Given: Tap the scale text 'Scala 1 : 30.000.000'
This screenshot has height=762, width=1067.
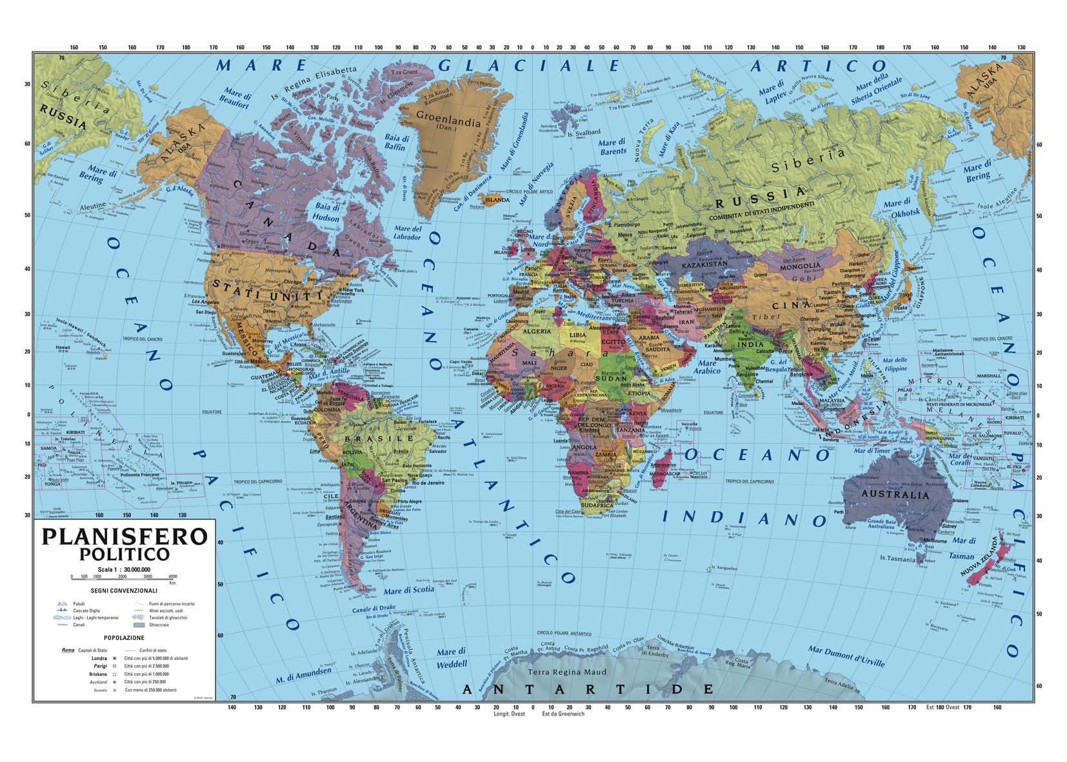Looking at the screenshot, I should tap(125, 569).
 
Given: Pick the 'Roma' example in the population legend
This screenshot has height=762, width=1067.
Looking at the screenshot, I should tap(68, 650).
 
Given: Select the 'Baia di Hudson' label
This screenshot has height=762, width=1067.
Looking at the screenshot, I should tap(327, 212).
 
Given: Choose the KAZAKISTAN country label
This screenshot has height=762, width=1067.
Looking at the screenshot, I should tap(704, 264).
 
